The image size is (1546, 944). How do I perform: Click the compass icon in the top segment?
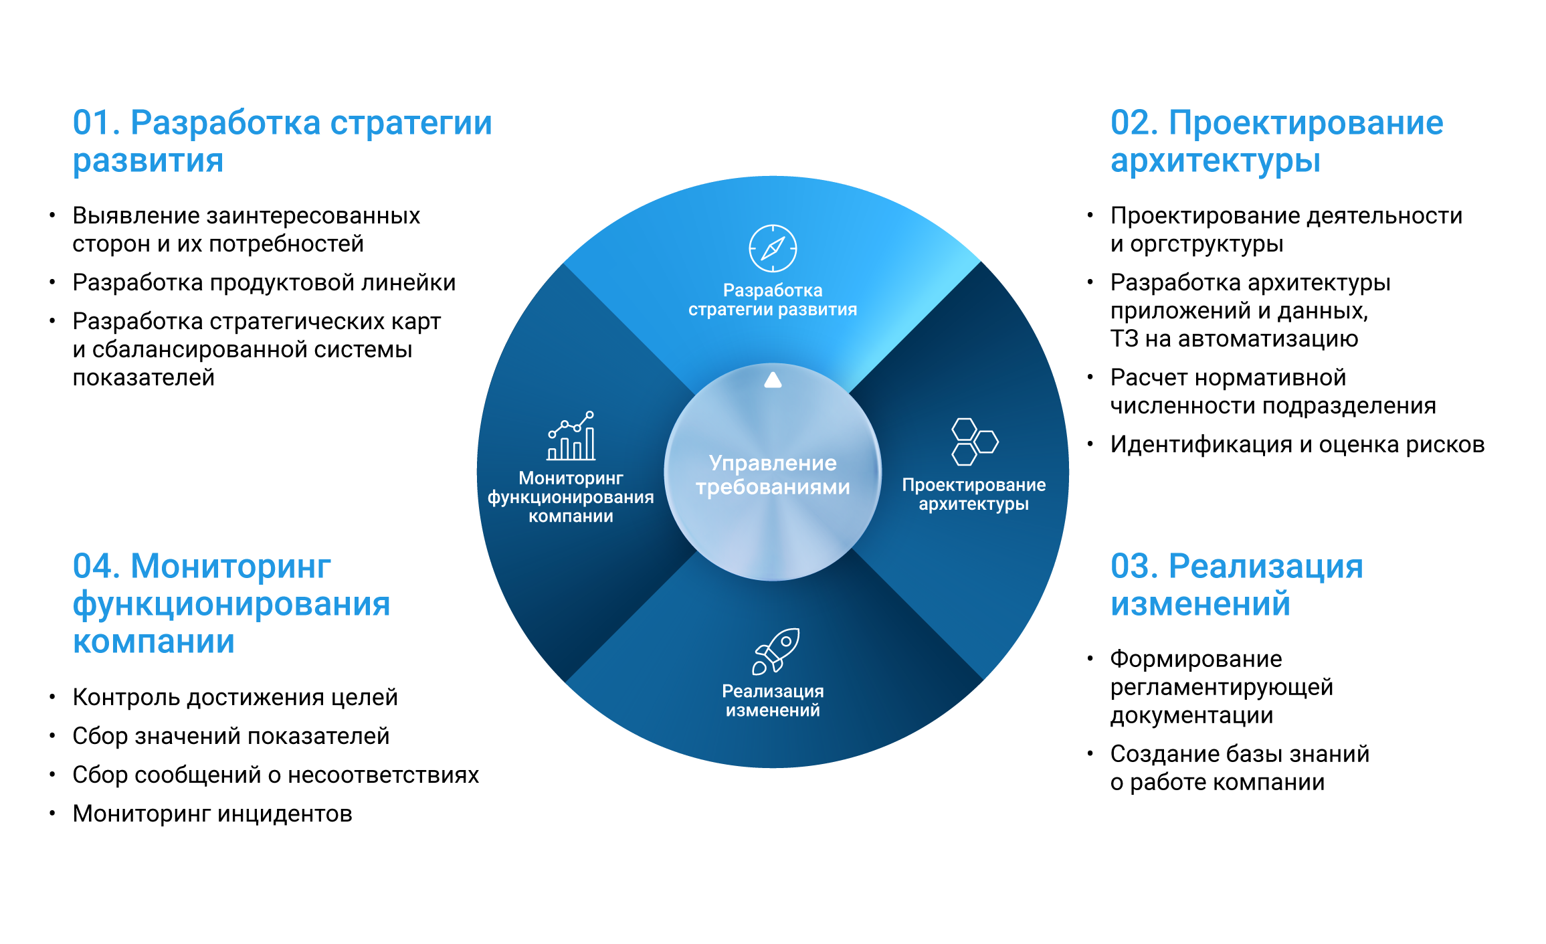pos(773,248)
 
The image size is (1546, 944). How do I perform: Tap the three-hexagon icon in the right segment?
pos(974,442)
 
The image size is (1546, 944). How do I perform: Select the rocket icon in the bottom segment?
pos(776,651)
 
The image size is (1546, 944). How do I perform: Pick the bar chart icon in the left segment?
pos(571,436)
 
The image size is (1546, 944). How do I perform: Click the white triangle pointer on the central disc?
pos(773,380)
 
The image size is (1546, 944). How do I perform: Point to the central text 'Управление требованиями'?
pos(773,475)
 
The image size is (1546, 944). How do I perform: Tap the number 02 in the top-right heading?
pos(1131,124)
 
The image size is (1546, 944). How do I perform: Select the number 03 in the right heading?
pos(1131,567)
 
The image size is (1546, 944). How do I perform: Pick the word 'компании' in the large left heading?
pos(154,642)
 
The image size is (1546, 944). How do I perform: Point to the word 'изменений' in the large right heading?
pos(1200,604)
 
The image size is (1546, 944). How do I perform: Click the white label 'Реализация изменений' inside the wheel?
pos(773,700)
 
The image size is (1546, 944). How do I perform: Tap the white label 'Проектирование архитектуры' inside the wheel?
pos(973,494)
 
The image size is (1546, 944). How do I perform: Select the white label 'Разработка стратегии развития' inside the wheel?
pos(773,300)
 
